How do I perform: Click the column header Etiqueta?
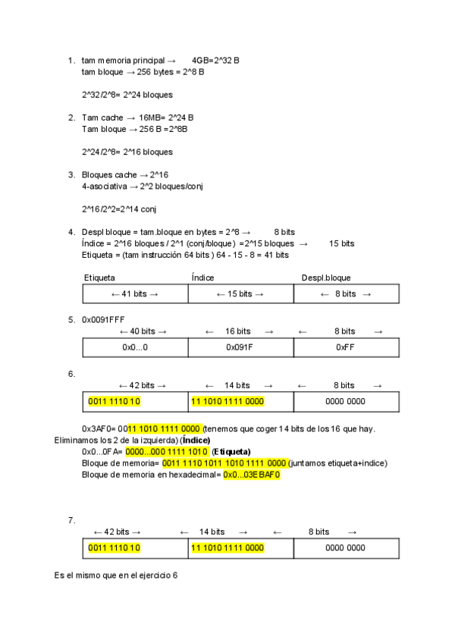99,278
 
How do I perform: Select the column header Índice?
202,278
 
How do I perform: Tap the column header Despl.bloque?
326,278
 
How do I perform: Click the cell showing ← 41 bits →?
135,294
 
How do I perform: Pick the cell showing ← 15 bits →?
240,294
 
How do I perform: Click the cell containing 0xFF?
345,347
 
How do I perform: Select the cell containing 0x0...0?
135,347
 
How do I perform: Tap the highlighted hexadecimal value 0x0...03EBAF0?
252,475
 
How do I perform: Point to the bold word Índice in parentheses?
194,441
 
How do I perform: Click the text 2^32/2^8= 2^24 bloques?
127,95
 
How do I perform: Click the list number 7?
71,520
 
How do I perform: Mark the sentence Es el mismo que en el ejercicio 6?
116,576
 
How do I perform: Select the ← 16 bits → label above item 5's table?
238,331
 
